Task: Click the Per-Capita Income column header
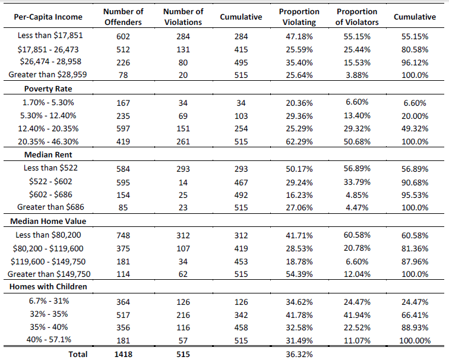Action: click(x=48, y=17)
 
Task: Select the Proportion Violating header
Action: click(x=299, y=17)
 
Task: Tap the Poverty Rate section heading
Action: click(x=48, y=89)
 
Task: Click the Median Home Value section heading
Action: click(x=48, y=221)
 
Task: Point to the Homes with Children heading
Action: click(x=48, y=287)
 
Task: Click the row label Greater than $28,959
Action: click(x=48, y=74)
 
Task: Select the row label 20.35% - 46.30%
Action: click(x=48, y=141)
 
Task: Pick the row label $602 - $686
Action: click(x=50, y=194)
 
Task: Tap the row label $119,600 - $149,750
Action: click(x=48, y=261)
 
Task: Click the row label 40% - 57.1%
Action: click(x=49, y=339)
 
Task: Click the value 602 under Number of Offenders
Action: click(x=123, y=36)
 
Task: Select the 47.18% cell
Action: click(x=299, y=36)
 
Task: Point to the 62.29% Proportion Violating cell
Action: click(x=299, y=141)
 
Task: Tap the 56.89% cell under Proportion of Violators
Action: click(x=357, y=168)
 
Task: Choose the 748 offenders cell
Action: click(x=123, y=235)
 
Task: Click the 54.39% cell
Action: click(x=299, y=274)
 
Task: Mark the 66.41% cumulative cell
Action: click(x=415, y=315)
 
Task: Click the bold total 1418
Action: click(x=123, y=354)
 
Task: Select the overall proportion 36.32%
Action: click(x=299, y=354)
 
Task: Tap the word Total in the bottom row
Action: click(x=78, y=354)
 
